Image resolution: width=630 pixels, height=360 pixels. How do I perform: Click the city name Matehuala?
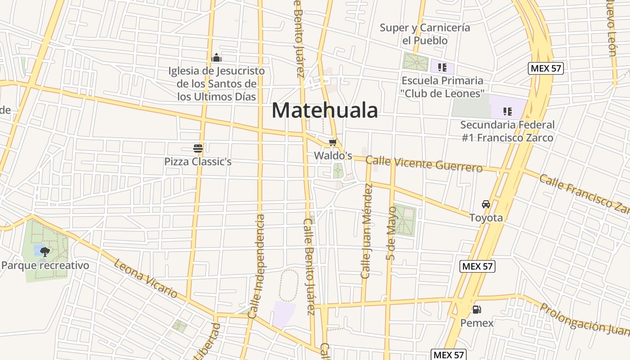324,110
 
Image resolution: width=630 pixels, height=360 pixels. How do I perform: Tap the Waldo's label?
333,156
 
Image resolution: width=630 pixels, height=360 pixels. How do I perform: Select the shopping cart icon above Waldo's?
333,143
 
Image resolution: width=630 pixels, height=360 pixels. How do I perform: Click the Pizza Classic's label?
198,162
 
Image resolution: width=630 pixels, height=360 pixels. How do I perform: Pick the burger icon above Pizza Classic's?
198,148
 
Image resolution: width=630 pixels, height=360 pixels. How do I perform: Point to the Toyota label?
486,218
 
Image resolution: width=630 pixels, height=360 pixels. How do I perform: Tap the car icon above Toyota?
486,204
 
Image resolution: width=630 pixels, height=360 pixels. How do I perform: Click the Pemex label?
477,323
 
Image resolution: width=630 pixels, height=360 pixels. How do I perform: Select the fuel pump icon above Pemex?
477,310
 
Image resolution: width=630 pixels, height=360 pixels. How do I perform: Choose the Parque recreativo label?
45,265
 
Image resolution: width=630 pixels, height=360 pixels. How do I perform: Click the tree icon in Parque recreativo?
45,252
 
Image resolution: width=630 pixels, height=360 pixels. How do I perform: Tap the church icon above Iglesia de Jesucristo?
216,58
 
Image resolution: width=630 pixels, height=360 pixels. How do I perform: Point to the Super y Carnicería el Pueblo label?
425,34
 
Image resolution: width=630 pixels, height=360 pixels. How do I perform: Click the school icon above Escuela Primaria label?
442,67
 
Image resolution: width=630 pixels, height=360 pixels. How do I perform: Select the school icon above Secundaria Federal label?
508,111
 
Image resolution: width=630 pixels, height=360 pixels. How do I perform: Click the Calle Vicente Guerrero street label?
424,164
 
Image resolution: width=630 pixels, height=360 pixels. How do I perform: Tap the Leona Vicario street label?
145,278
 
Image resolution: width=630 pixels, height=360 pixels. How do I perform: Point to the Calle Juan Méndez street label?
367,230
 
